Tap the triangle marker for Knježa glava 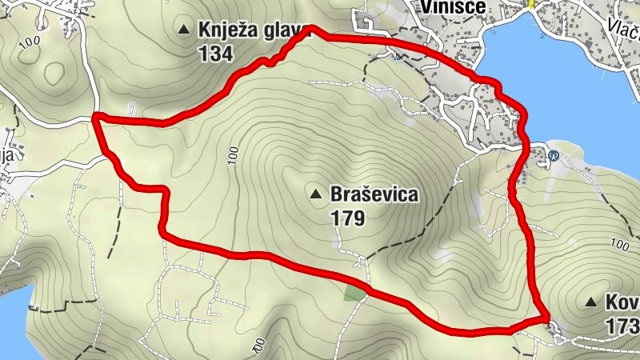point(186,30)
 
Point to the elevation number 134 point(218,54)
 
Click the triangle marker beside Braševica point(317,194)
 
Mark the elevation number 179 point(346,218)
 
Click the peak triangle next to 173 point(591,302)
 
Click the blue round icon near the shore point(554,156)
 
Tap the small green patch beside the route point(354,291)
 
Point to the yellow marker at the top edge point(530,4)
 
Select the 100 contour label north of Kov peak point(619,244)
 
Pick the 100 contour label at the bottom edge point(258,345)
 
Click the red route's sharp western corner point(95,118)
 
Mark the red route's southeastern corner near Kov point(546,317)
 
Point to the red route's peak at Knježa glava point(310,29)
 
